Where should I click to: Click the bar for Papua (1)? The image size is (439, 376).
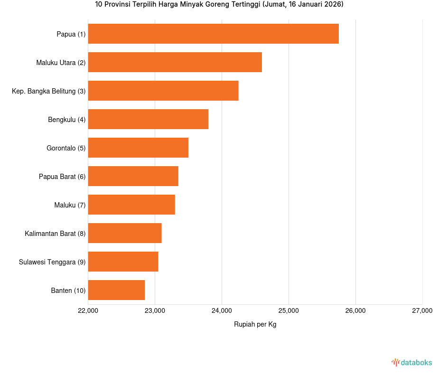(213, 34)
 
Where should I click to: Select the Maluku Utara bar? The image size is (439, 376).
(175, 62)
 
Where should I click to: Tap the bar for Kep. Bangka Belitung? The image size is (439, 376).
(163, 91)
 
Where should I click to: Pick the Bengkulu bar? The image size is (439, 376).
(148, 119)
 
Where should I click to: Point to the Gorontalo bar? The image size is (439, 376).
(138, 148)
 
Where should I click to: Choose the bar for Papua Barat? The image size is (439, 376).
(133, 176)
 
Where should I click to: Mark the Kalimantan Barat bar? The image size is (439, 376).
(125, 233)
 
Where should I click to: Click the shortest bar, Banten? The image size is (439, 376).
(116, 290)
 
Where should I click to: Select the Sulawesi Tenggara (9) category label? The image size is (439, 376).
(52, 262)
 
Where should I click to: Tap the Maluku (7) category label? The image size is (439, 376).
(70, 205)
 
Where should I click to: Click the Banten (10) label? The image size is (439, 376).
(68, 291)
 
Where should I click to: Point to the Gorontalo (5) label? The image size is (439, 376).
(66, 148)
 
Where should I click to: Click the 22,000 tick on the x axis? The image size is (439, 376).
(88, 311)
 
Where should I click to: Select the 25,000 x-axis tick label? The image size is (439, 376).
(289, 311)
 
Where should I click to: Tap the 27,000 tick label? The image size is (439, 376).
(422, 311)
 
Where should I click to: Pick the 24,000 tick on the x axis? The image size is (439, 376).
(222, 311)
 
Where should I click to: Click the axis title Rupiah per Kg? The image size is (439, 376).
(255, 325)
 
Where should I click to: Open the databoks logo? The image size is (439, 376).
(411, 363)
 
